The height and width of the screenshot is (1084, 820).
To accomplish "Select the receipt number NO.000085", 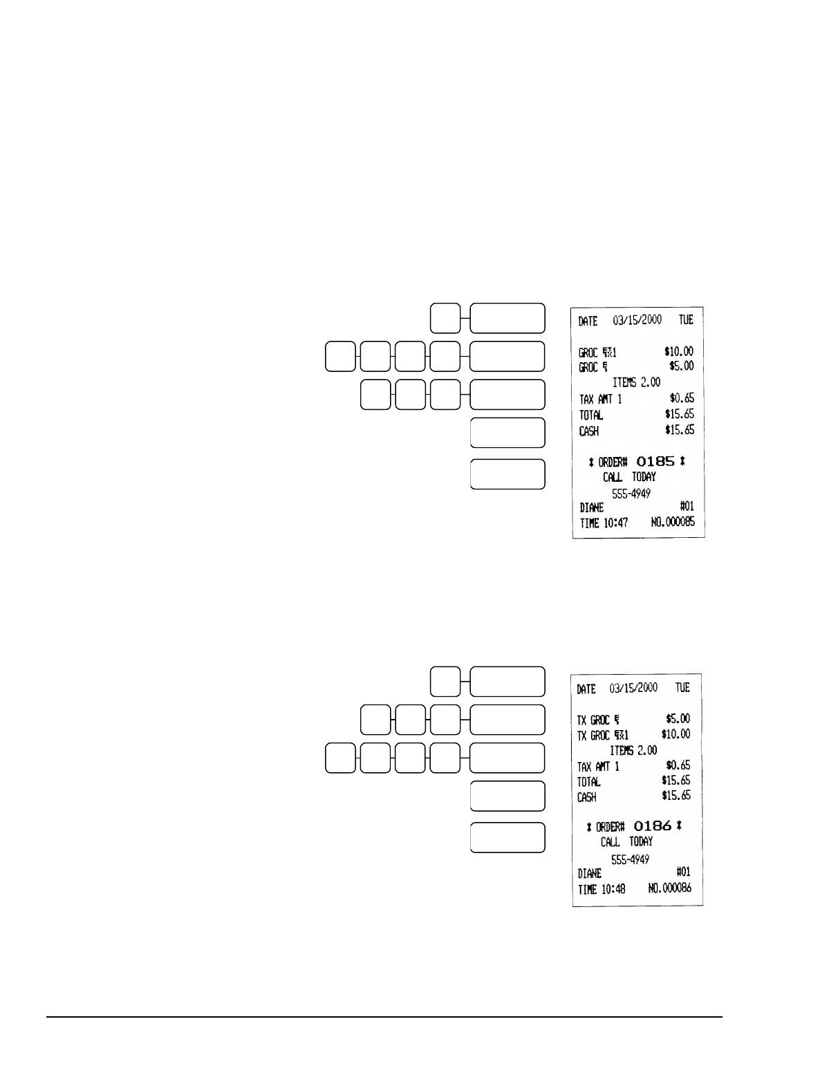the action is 673,523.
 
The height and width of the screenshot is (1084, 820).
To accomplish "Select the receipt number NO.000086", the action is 670,888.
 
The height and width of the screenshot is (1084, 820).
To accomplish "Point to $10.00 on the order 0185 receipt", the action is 678,352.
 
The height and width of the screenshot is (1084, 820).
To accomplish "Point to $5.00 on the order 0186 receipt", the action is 677,719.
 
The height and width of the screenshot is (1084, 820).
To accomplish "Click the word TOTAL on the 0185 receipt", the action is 591,415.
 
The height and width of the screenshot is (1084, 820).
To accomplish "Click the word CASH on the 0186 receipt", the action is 588,796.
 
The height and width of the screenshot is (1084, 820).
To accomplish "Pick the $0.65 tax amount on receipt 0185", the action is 682,399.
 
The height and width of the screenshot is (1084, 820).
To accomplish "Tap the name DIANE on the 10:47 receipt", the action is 592,507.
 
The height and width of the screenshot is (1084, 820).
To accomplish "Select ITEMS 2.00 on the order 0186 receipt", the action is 633,750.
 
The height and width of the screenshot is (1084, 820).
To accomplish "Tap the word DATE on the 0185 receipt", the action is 588,321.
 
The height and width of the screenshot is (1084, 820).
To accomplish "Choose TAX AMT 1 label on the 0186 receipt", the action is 598,766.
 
